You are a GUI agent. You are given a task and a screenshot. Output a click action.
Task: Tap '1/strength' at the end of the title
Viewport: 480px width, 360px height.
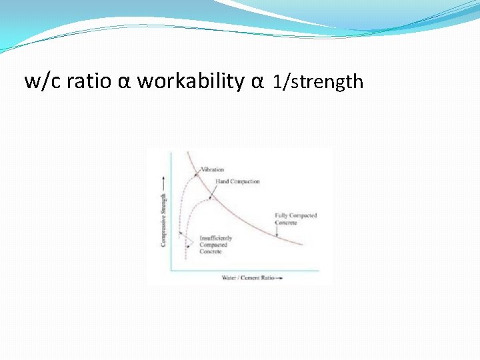[x=318, y=82]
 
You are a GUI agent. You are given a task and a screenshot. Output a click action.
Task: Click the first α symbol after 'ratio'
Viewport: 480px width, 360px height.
[x=124, y=82]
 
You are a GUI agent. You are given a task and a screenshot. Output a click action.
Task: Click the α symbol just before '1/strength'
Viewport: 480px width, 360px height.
[x=258, y=82]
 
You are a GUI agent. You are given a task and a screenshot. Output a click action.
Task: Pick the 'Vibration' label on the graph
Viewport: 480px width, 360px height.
[x=213, y=169]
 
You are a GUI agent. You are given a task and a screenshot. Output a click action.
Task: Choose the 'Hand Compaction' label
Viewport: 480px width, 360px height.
[x=237, y=181]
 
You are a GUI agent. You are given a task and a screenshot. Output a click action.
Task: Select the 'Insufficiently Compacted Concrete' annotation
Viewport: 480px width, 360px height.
[x=215, y=245]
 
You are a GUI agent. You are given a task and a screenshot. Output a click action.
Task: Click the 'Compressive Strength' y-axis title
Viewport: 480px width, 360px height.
[x=163, y=220]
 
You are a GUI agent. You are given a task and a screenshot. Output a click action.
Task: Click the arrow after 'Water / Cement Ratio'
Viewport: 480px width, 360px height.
[x=278, y=277]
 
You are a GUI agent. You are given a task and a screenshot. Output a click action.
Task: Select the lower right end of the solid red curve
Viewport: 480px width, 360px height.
[x=303, y=245]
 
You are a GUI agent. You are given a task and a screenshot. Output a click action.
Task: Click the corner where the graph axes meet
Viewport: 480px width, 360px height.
[x=171, y=270]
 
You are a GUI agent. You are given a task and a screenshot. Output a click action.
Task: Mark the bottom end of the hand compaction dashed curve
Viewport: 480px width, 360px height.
[x=186, y=260]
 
